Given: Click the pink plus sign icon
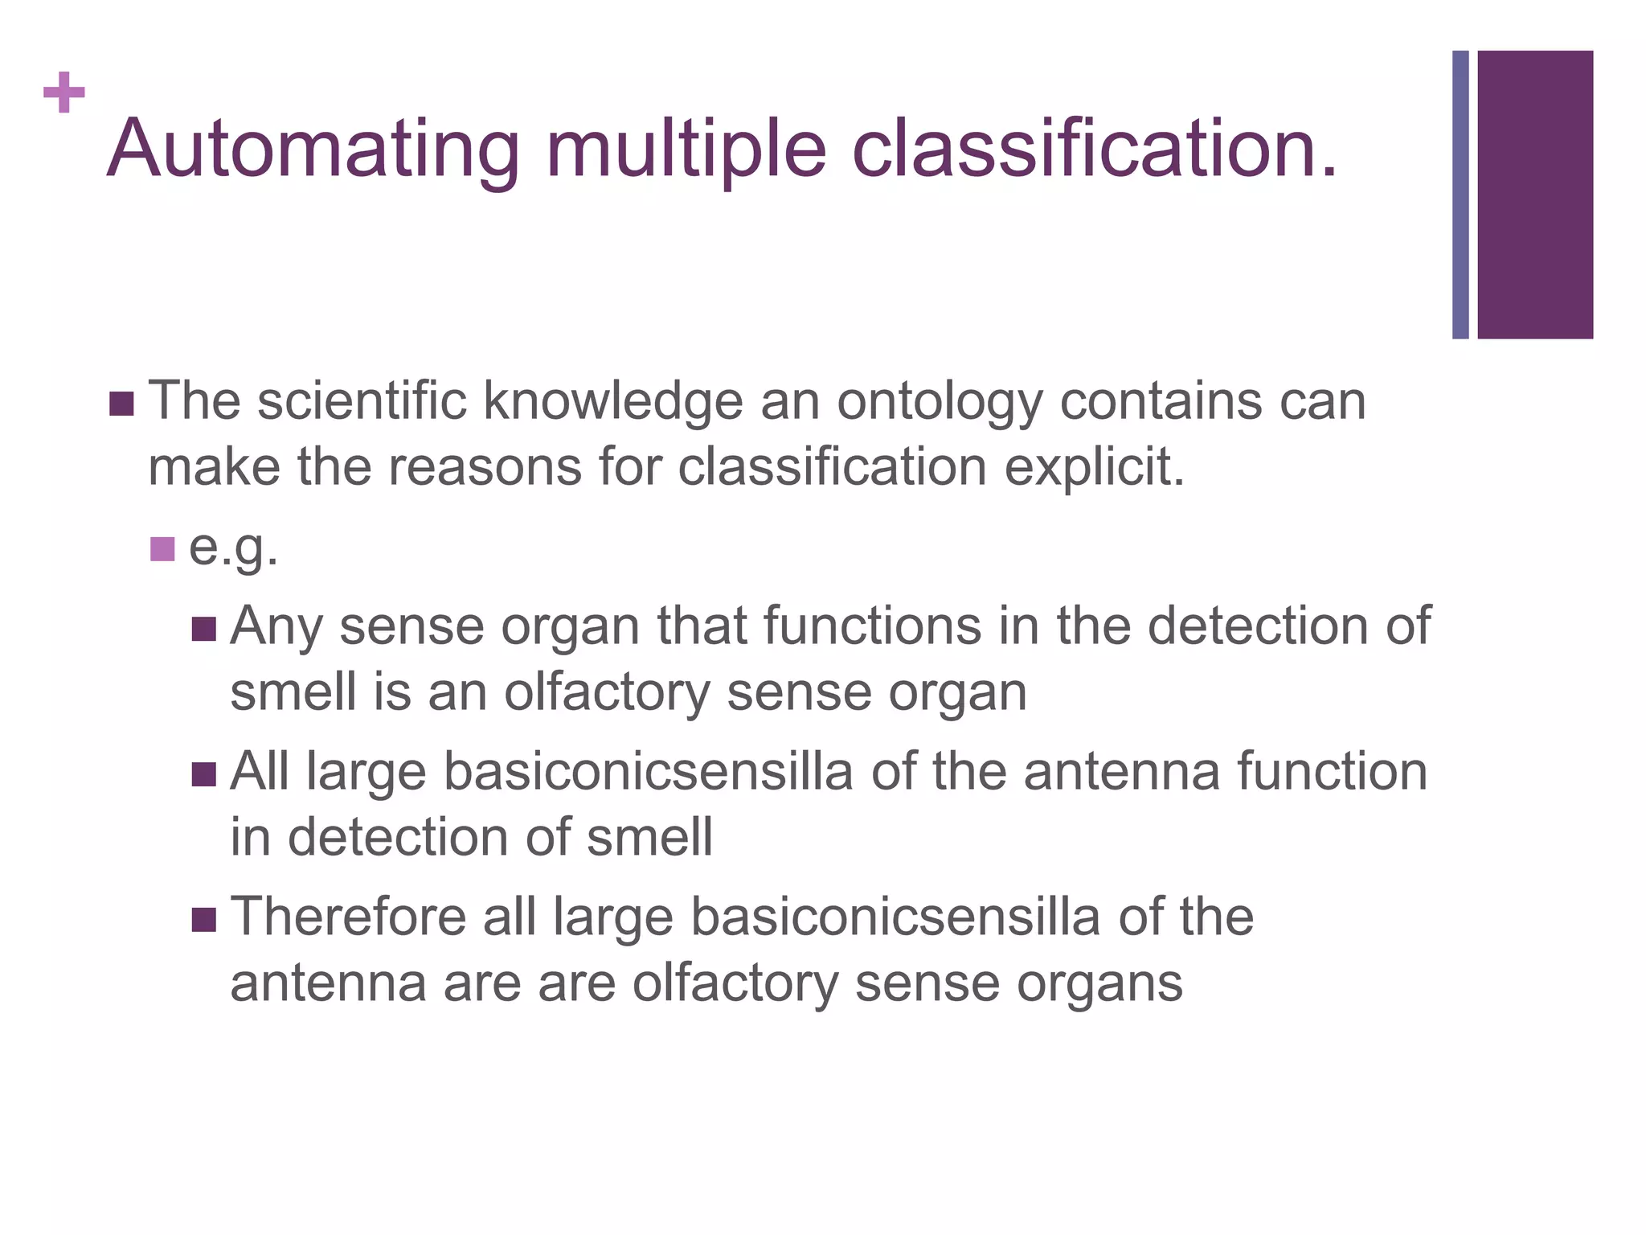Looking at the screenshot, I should [x=64, y=92].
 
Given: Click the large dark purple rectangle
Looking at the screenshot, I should [x=1534, y=195].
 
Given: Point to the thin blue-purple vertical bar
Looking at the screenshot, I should [x=1460, y=195].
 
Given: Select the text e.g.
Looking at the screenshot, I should [x=233, y=549].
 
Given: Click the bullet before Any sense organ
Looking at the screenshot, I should [x=204, y=629].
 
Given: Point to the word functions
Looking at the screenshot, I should [x=872, y=626].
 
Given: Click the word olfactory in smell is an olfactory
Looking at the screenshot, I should [x=607, y=692].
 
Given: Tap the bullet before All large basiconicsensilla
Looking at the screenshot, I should [x=204, y=774].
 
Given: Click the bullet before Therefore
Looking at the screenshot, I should [x=204, y=920].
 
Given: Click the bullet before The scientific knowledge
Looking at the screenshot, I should [x=121, y=404].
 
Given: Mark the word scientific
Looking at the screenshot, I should [x=362, y=401].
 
